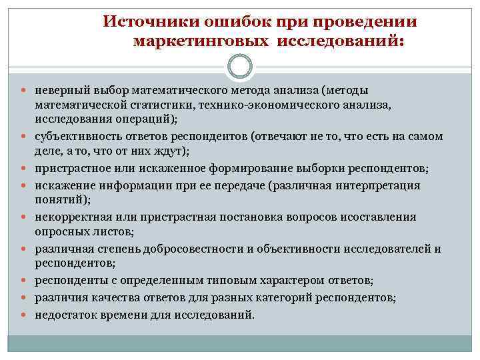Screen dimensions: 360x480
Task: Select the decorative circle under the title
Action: pos(239,67)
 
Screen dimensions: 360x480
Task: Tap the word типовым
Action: pos(217,280)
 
